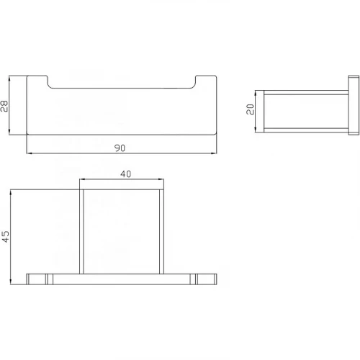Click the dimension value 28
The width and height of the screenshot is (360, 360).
(4, 107)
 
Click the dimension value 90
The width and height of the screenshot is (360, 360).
(120, 148)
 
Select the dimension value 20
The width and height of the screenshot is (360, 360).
(250, 109)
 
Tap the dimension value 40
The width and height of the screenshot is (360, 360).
(126, 174)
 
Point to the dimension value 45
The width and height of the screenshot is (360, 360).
(6, 237)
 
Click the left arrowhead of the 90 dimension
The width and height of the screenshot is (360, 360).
(29, 153)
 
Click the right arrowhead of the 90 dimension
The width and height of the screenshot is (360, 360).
(214, 153)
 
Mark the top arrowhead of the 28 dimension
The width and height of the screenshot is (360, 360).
(9, 78)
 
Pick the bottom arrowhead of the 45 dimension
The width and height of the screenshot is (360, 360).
(11, 282)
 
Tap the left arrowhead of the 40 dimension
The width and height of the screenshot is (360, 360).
(82, 179)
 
